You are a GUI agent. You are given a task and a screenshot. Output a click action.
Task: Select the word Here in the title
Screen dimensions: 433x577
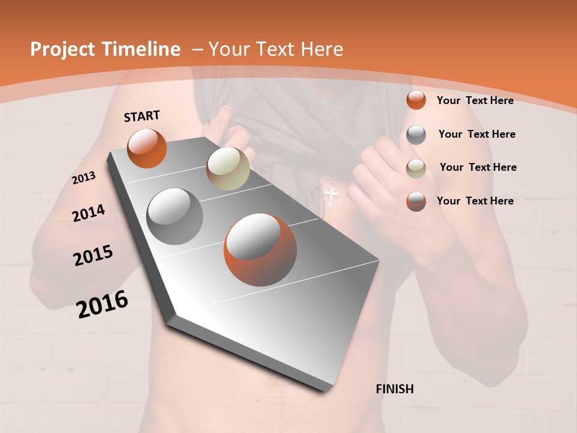click(322, 49)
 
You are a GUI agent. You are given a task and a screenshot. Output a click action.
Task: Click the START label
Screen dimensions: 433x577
click(142, 116)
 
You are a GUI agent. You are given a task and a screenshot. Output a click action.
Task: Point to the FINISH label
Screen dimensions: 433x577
click(395, 389)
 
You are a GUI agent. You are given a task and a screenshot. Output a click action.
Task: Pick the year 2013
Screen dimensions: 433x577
click(84, 178)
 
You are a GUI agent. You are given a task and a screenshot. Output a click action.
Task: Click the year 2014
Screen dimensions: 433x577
click(88, 213)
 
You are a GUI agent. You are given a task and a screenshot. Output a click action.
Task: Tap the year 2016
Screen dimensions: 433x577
click(102, 304)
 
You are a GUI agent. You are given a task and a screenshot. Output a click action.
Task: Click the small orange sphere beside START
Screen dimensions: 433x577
click(147, 148)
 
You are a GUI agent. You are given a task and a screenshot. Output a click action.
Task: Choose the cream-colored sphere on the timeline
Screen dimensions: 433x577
click(228, 168)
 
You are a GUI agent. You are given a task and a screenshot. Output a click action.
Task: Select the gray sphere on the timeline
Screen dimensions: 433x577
click(175, 216)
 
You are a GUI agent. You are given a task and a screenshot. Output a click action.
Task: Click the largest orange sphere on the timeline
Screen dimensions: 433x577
click(260, 250)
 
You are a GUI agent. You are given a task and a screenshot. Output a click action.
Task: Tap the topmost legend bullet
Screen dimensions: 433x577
click(416, 100)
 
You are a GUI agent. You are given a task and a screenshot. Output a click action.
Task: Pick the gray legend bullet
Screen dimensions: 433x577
click(416, 135)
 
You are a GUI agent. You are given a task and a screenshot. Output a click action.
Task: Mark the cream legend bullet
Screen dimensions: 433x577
click(416, 168)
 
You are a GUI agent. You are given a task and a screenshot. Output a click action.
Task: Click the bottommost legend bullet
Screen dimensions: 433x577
click(416, 201)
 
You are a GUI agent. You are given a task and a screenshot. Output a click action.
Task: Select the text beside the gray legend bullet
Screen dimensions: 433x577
click(477, 134)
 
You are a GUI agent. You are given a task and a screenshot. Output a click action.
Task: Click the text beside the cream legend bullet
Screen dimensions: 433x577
click(478, 167)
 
